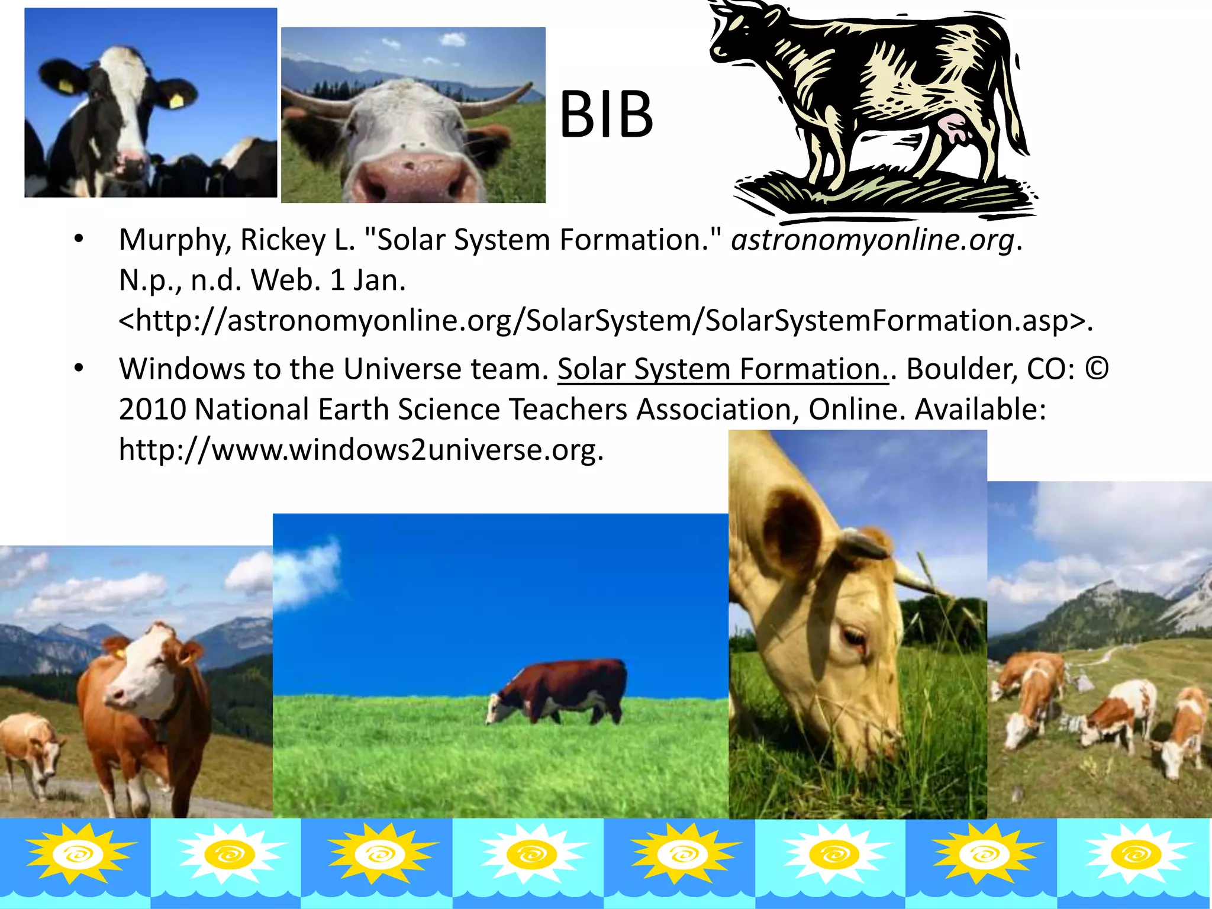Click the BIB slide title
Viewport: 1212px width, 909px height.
click(x=606, y=115)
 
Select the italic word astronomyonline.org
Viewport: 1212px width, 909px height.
click(x=873, y=240)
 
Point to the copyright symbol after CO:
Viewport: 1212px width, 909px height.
click(x=1097, y=368)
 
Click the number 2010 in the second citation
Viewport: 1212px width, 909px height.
click(x=152, y=410)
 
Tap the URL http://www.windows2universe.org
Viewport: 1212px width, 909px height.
click(x=361, y=450)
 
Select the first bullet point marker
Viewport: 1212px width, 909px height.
click(x=79, y=239)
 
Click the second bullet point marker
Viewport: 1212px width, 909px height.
click(x=79, y=368)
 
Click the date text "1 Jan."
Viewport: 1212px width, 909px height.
click(x=368, y=281)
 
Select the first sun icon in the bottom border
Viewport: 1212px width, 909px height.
click(x=76, y=854)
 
